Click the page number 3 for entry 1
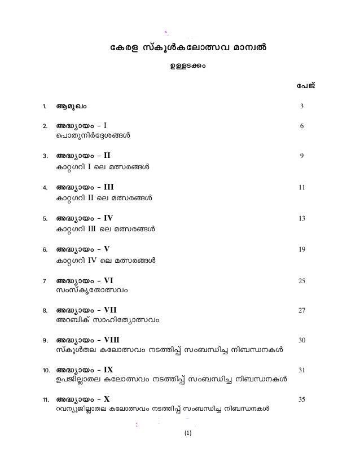[302, 107]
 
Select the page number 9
[302, 157]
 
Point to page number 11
[302, 187]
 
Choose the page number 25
[302, 280]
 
